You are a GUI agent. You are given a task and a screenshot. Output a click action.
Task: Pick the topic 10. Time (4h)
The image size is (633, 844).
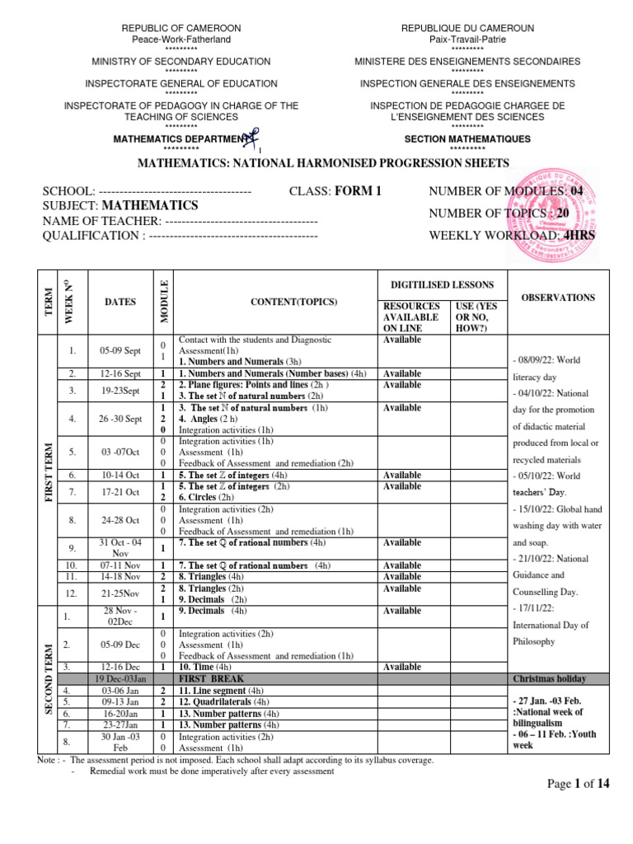click(210, 667)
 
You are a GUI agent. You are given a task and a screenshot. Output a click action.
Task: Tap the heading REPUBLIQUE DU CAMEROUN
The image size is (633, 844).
click(467, 28)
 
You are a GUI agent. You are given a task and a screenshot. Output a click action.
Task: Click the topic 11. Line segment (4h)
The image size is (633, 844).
click(222, 690)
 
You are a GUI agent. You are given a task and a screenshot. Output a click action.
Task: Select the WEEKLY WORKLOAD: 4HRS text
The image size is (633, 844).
click(512, 236)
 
